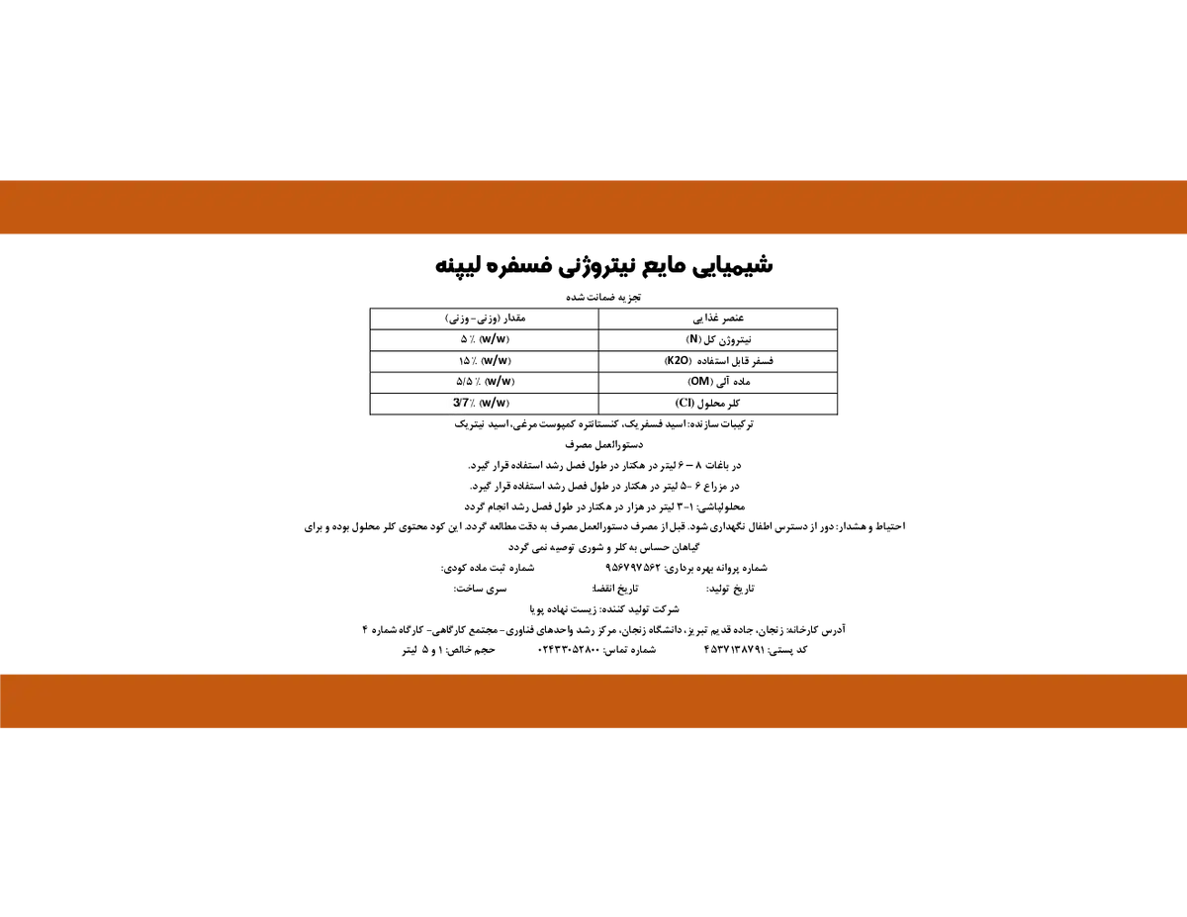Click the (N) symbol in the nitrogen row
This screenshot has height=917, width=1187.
pos(693,339)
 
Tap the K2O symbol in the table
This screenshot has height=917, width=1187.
pos(678,360)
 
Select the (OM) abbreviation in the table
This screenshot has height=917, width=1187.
pos(699,381)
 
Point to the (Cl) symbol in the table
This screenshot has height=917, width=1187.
pos(685,403)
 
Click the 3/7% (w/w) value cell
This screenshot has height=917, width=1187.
pos(482,403)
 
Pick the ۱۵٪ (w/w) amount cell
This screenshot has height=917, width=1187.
pos(485,360)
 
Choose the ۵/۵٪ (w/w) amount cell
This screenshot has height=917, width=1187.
pos(485,381)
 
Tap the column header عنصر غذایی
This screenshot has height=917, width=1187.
pos(718,318)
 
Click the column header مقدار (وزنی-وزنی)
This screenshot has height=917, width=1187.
pos(485,318)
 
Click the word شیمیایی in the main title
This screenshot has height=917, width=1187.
pos(733,265)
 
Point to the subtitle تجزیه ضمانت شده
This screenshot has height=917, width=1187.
pos(603,297)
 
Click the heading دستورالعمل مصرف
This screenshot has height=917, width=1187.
pos(603,444)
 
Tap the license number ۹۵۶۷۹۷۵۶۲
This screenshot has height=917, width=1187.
pos(632,568)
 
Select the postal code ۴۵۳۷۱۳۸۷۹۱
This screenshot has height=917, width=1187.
pos(734,649)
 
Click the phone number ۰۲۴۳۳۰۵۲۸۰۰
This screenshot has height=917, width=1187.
pos(569,649)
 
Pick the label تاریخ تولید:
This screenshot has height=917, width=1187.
pos(730,589)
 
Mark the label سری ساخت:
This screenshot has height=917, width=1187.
pos(480,589)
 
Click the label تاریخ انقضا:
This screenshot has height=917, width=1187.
pos(615,589)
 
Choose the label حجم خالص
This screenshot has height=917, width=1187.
pos(473,649)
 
